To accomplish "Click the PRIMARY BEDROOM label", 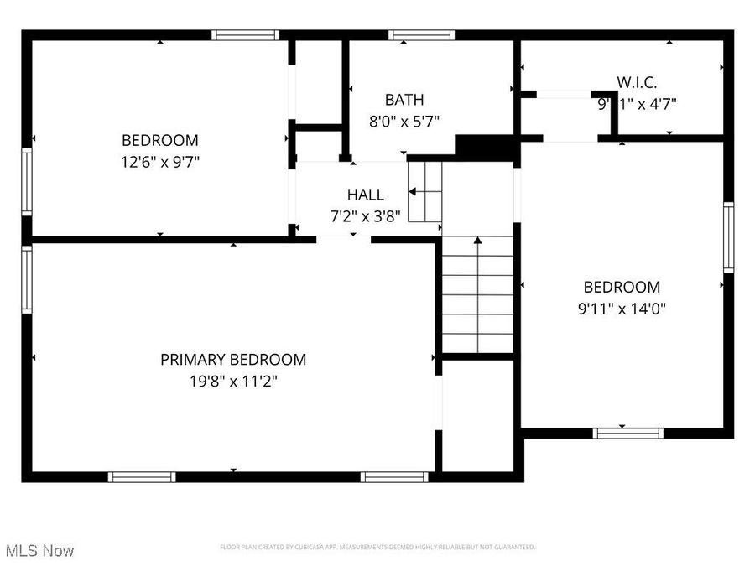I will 233,360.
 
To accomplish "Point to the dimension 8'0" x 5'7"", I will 404,121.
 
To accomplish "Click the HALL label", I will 366,195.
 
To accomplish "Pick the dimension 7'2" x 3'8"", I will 365,215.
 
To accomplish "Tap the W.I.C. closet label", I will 637,82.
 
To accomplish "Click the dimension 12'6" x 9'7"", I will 160,161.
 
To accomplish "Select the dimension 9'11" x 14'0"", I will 622,308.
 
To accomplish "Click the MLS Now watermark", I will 39,551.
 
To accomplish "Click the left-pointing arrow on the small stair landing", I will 413,192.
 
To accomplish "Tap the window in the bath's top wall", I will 421,35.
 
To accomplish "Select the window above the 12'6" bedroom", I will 244,35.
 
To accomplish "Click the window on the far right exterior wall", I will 728,237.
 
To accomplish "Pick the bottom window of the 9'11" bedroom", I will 627,434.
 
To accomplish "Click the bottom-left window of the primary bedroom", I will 142,477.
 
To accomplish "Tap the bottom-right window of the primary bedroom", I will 393,477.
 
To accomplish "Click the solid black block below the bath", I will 484,147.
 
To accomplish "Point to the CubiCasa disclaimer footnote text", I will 377,548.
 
